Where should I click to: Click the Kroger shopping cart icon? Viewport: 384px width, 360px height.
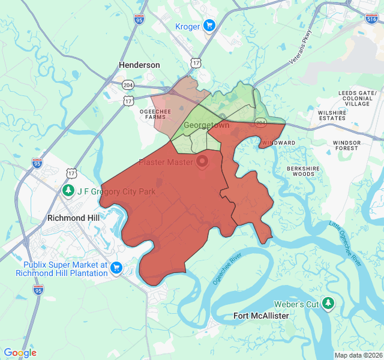point(209,25)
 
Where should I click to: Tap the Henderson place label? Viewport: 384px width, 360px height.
point(139,65)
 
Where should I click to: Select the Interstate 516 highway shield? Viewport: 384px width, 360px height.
point(371,19)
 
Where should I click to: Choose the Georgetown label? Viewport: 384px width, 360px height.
point(206,126)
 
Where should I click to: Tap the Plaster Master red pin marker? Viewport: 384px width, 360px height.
point(202,161)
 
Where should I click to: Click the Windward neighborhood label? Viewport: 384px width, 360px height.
point(278,143)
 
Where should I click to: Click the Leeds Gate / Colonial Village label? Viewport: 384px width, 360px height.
point(357,98)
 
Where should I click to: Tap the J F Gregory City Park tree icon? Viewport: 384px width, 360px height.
point(69,191)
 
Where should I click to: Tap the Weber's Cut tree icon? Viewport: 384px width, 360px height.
point(328,304)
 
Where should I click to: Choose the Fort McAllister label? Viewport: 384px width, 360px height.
point(261,316)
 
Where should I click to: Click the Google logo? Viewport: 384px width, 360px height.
point(20,353)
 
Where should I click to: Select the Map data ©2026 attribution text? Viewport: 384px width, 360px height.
point(358,355)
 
